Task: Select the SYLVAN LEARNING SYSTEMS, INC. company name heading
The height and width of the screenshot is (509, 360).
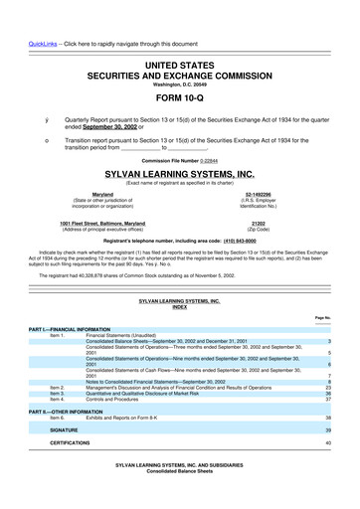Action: click(180, 172)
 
